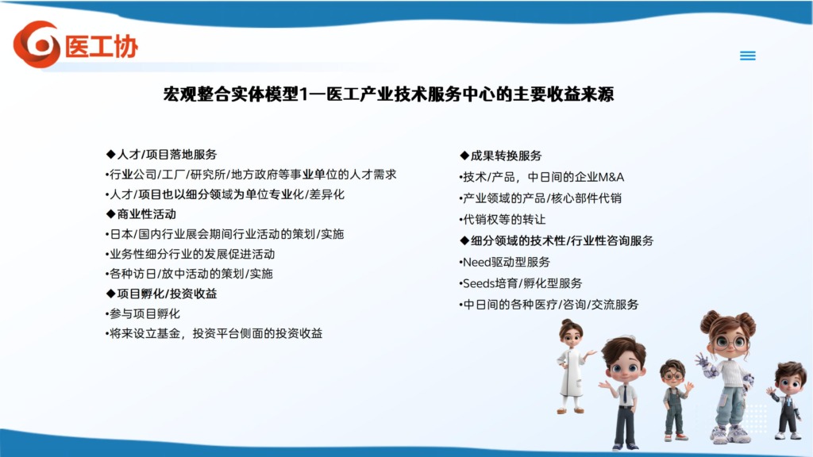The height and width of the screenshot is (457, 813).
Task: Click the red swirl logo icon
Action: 37,44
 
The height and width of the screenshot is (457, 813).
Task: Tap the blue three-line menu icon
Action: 747,56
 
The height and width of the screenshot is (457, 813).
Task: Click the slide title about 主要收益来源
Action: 388,94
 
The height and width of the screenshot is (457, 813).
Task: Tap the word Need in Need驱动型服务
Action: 476,262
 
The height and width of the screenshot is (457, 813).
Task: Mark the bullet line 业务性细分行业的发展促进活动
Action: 191,255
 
